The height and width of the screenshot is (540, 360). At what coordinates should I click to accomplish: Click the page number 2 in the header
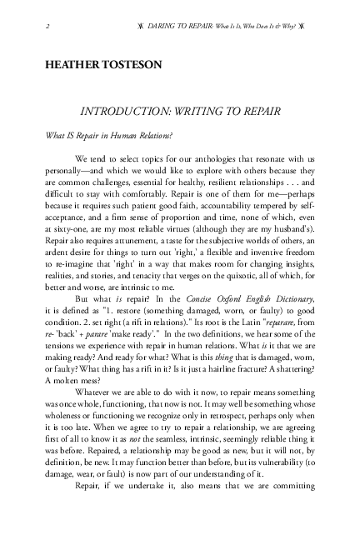point(42,27)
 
